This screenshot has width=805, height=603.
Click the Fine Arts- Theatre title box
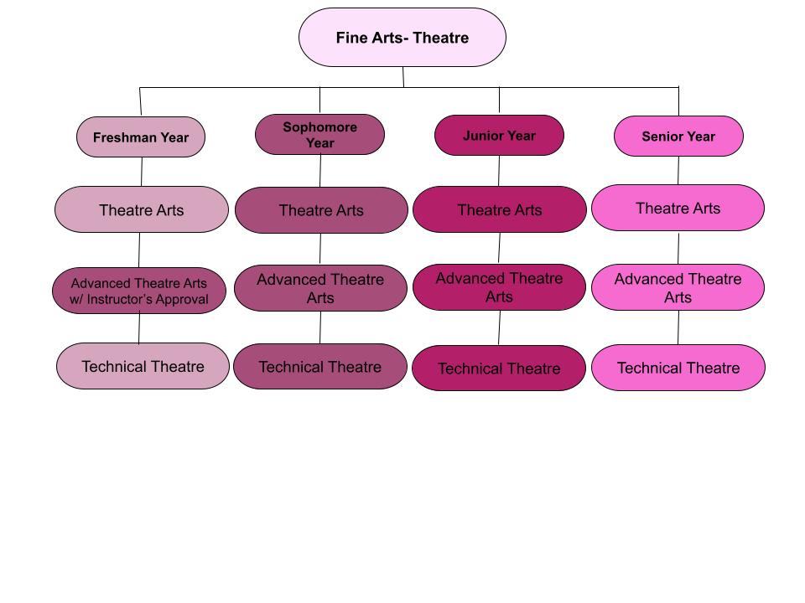pos(402,38)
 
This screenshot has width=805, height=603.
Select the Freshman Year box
pos(141,137)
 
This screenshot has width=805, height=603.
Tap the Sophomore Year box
pos(319,135)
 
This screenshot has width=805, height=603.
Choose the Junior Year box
pos(499,136)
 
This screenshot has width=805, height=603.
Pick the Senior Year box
pos(678,137)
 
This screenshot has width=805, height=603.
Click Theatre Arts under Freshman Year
pos(141,209)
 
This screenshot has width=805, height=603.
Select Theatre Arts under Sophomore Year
pos(320,210)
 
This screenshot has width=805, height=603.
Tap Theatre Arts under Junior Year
pos(499,209)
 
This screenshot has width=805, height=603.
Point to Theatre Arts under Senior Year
pos(678,208)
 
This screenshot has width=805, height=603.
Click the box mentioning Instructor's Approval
pos(138,291)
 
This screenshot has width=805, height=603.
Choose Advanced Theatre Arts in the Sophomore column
pos(320,288)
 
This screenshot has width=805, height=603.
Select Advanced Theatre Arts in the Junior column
pos(499,287)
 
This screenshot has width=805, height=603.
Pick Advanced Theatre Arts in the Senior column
pos(678,287)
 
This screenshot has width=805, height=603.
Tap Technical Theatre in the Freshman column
pos(143,366)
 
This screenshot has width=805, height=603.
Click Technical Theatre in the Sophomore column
pos(319,367)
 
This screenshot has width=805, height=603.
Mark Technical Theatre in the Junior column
pos(498,368)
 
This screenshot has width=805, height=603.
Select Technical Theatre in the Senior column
pos(678,368)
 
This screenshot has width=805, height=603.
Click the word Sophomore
pos(319,127)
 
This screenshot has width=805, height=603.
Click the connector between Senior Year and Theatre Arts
pos(678,171)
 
